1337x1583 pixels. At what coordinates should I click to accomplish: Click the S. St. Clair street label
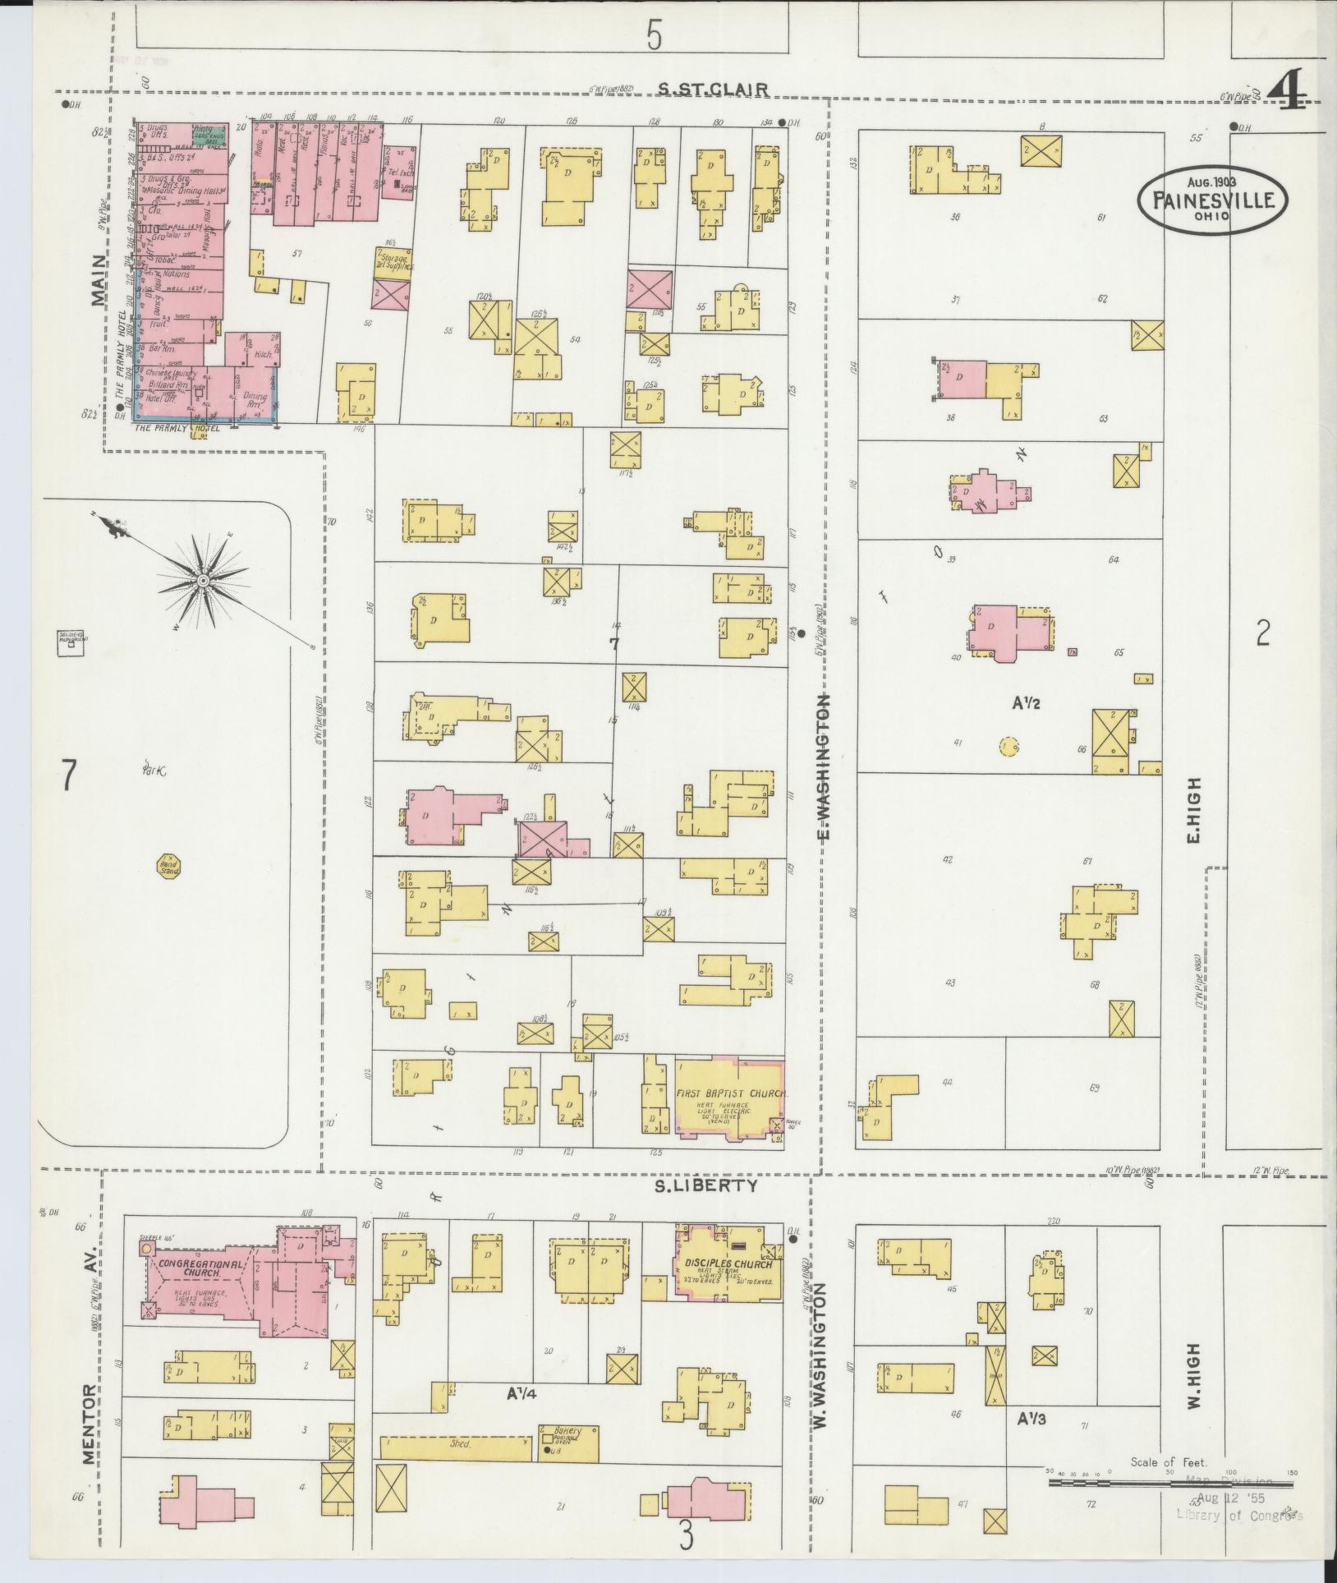click(713, 89)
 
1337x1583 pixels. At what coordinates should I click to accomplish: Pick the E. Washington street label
click(825, 768)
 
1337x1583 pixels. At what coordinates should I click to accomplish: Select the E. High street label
click(1193, 810)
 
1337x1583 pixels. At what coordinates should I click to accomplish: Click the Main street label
click(100, 279)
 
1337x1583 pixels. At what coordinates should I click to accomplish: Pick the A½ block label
click(1027, 702)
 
